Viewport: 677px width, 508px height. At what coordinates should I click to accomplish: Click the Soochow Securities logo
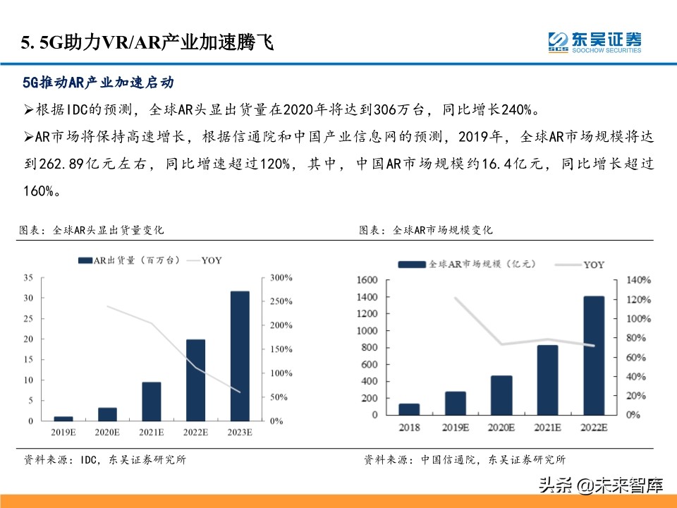pyautogui.click(x=594, y=42)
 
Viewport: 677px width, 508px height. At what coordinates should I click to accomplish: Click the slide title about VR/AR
pyautogui.click(x=147, y=44)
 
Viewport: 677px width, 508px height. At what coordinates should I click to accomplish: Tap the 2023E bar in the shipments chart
pyautogui.click(x=240, y=356)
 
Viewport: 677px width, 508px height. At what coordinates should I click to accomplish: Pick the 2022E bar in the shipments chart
pyautogui.click(x=196, y=380)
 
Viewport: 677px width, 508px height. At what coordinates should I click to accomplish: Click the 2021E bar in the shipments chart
pyautogui.click(x=152, y=401)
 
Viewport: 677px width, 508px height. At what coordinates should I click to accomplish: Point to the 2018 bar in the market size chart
pyautogui.click(x=409, y=409)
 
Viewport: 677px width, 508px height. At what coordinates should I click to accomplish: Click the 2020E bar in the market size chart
pyautogui.click(x=501, y=395)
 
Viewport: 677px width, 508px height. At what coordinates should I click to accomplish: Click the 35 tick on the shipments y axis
pyautogui.click(x=28, y=277)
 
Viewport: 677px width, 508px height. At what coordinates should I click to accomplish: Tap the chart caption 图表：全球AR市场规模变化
pyautogui.click(x=426, y=230)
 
